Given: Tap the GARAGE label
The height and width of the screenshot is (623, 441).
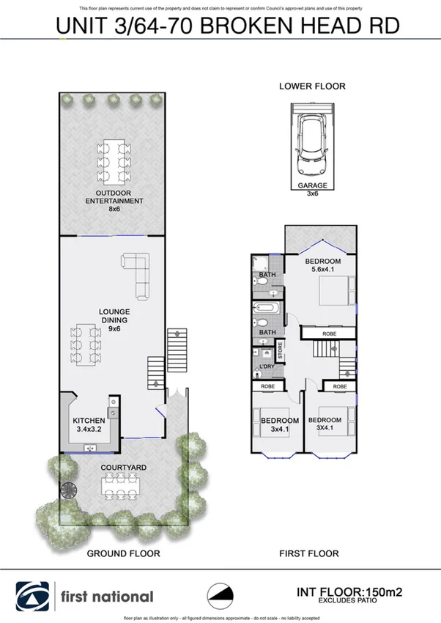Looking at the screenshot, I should [x=312, y=185].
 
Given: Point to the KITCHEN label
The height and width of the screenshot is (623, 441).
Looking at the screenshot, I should [x=89, y=420].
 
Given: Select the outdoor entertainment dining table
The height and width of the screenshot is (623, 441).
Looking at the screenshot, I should [x=114, y=157].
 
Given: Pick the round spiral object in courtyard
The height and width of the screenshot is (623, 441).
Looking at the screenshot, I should [x=67, y=492].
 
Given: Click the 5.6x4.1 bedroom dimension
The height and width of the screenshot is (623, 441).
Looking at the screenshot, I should [x=322, y=270].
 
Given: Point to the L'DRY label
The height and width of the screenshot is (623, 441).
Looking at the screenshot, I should [x=266, y=366].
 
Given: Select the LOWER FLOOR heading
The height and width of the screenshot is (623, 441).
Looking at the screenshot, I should [x=312, y=86].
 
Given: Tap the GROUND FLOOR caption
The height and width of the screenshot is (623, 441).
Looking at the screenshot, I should [x=123, y=554].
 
